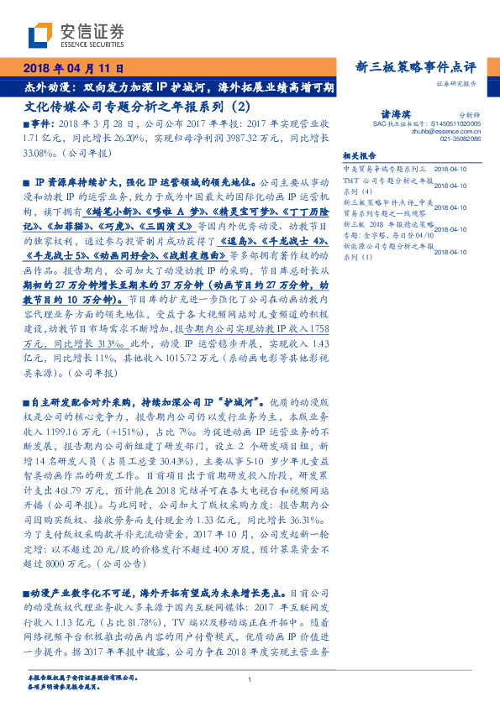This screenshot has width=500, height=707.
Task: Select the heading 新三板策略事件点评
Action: coord(417,67)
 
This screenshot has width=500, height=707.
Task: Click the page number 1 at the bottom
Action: coord(250,681)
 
